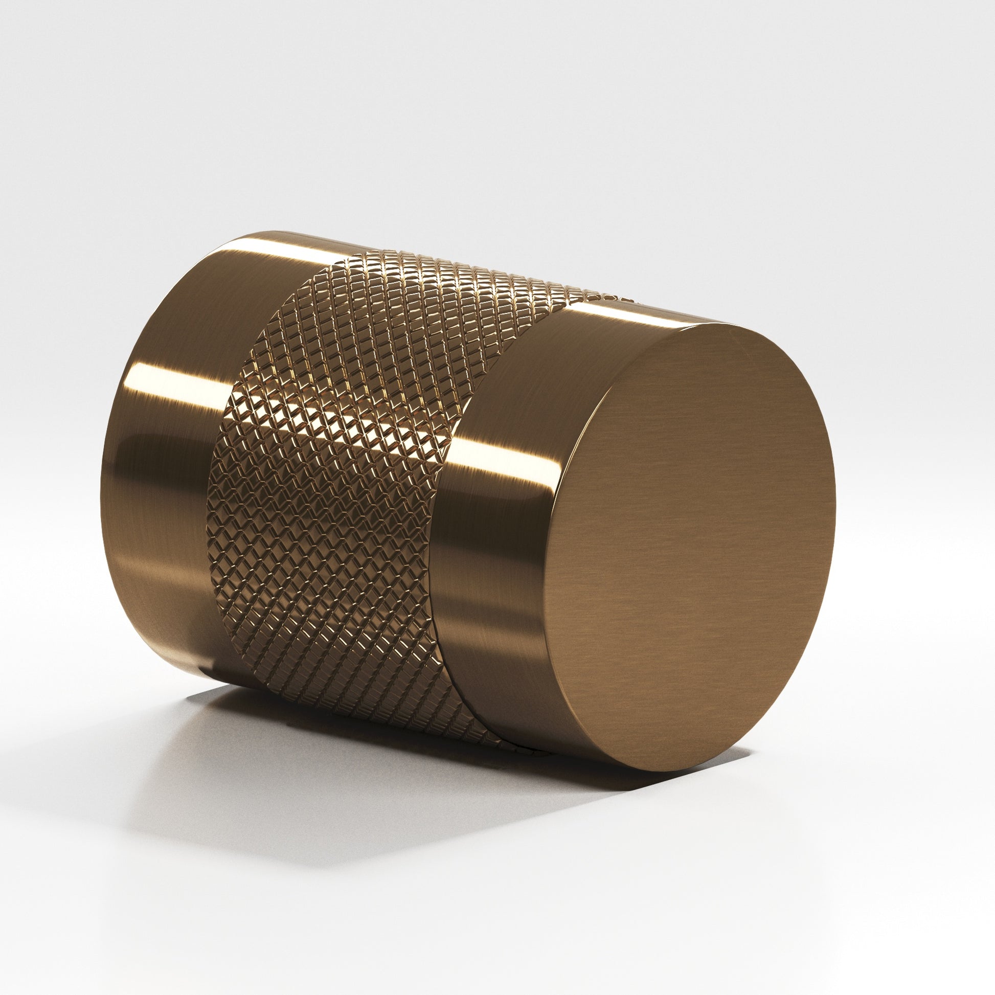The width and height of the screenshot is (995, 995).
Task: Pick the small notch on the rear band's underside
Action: pyautogui.click(x=206, y=674)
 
